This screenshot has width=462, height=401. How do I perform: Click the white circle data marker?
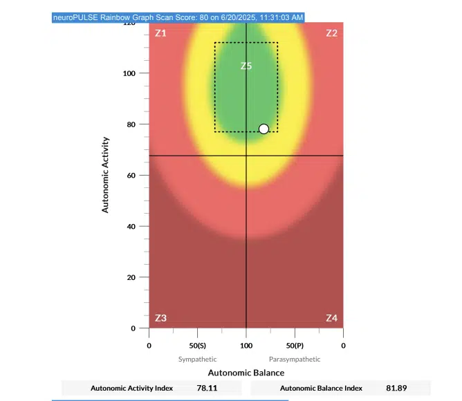click(264, 129)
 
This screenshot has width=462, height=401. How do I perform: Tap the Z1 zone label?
click(160, 33)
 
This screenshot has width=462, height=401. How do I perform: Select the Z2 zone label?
click(331, 33)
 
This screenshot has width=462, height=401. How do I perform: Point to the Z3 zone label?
click(160, 318)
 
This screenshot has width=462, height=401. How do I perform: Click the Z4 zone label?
click(331, 318)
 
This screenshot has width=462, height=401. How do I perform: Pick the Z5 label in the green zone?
click(246, 66)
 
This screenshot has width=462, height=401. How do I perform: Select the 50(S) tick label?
click(198, 344)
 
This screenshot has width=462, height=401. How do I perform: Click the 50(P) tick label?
click(295, 344)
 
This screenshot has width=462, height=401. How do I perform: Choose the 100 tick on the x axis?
click(246, 344)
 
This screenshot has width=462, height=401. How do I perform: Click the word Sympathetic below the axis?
click(198, 359)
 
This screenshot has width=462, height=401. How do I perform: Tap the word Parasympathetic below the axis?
click(295, 359)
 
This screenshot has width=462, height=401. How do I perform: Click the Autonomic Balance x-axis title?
click(246, 373)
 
